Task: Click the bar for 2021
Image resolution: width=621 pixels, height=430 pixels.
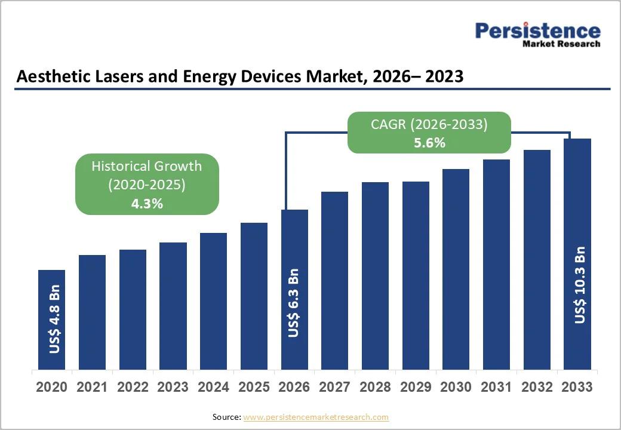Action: [92, 312]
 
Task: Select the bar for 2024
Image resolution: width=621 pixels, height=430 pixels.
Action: [213, 301]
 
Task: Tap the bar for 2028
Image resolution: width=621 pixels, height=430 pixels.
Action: [375, 275]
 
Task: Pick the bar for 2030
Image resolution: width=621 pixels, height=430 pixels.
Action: [456, 269]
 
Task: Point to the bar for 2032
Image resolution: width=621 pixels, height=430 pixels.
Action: [537, 259]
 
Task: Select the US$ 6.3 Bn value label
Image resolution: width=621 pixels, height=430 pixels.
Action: [294, 303]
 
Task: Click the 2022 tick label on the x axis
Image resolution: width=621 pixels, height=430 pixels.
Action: [133, 387]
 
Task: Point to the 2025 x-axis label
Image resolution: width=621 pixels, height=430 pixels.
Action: [254, 387]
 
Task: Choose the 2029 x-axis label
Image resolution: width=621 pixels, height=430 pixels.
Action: [416, 387]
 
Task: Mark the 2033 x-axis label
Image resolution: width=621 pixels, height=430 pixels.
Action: [577, 387]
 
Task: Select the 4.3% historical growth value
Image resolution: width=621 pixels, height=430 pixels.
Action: [147, 204]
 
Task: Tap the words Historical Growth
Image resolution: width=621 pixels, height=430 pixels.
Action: [147, 166]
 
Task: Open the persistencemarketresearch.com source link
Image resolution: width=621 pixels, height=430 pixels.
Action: [316, 417]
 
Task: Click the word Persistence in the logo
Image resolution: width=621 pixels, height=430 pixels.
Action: [537, 30]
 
